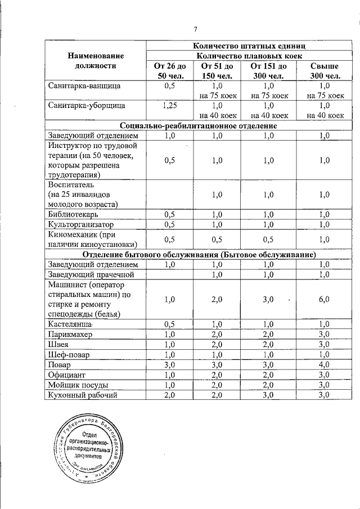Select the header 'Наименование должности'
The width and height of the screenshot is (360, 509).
coord(96,61)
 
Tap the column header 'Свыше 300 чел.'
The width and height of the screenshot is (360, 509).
coord(323,71)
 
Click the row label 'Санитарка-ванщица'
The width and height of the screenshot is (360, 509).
coord(79,86)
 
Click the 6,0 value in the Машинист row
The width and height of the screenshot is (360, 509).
coord(323,300)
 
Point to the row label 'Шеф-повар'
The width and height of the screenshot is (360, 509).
coord(68,354)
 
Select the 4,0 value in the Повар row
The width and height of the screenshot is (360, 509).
coord(323,364)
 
